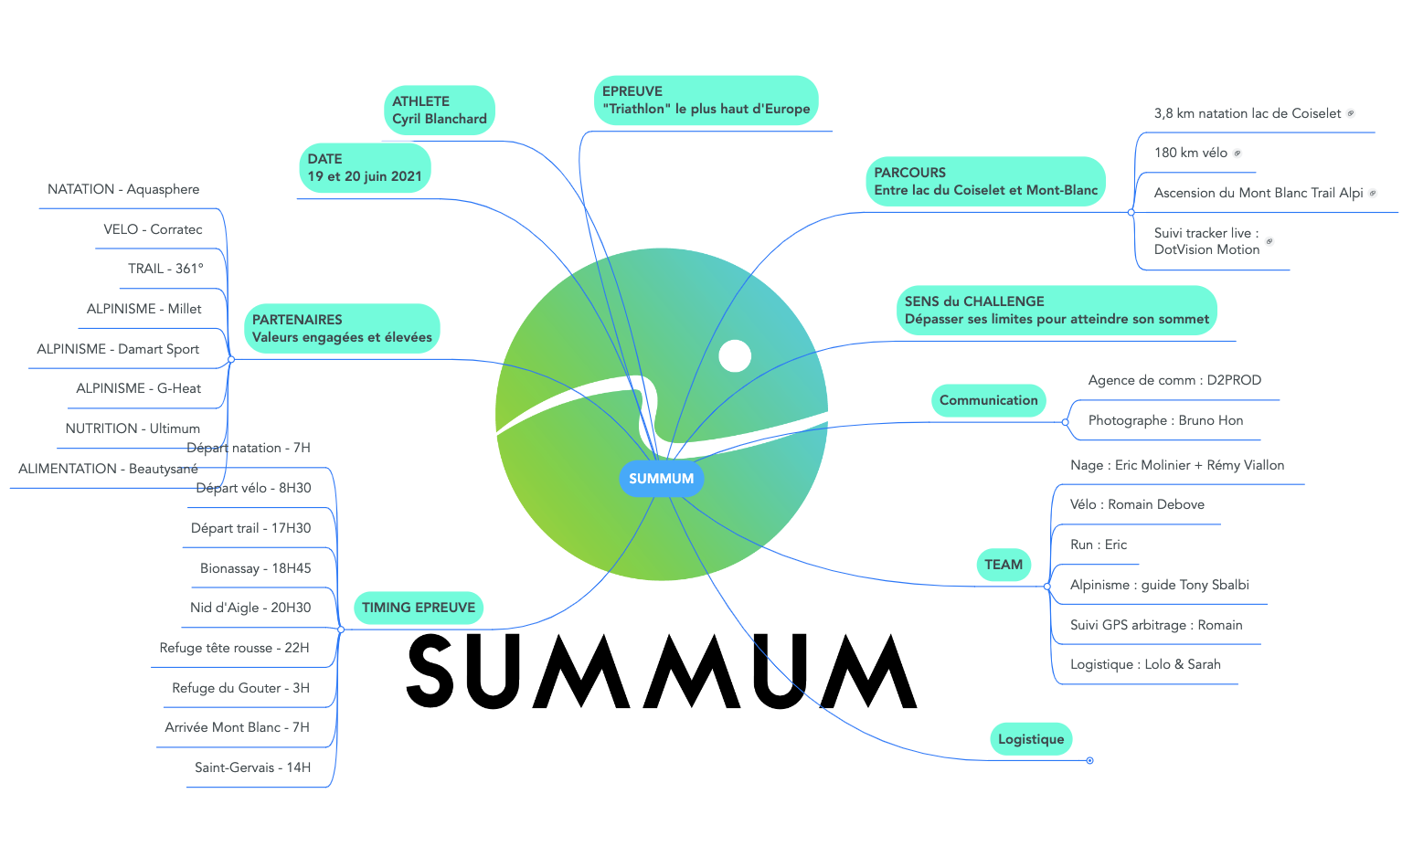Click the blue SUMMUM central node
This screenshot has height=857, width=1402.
(661, 479)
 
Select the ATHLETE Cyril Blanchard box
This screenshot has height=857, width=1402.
(439, 111)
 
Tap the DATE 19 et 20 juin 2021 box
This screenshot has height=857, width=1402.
(365, 168)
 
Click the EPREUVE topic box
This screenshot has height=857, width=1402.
(706, 101)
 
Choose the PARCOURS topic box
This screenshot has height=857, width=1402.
(985, 181)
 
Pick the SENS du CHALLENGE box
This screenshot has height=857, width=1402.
(1056, 310)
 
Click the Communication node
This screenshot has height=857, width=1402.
(988, 400)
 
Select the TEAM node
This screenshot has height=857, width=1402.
(1003, 565)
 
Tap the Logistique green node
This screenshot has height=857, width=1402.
(1030, 739)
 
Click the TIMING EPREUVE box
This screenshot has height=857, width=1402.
(418, 608)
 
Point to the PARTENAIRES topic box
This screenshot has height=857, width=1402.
(342, 329)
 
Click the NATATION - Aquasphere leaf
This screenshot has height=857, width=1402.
(123, 189)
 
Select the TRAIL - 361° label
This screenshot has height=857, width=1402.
(165, 269)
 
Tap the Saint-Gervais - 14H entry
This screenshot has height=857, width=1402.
(252, 767)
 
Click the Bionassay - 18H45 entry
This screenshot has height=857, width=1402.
(255, 568)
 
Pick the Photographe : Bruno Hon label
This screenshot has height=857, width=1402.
(1165, 420)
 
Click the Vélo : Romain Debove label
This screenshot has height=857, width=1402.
(1137, 504)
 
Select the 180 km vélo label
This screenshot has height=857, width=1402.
(1190, 153)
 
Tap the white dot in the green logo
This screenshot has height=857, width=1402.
(735, 355)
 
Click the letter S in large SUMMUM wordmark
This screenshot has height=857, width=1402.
(431, 672)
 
